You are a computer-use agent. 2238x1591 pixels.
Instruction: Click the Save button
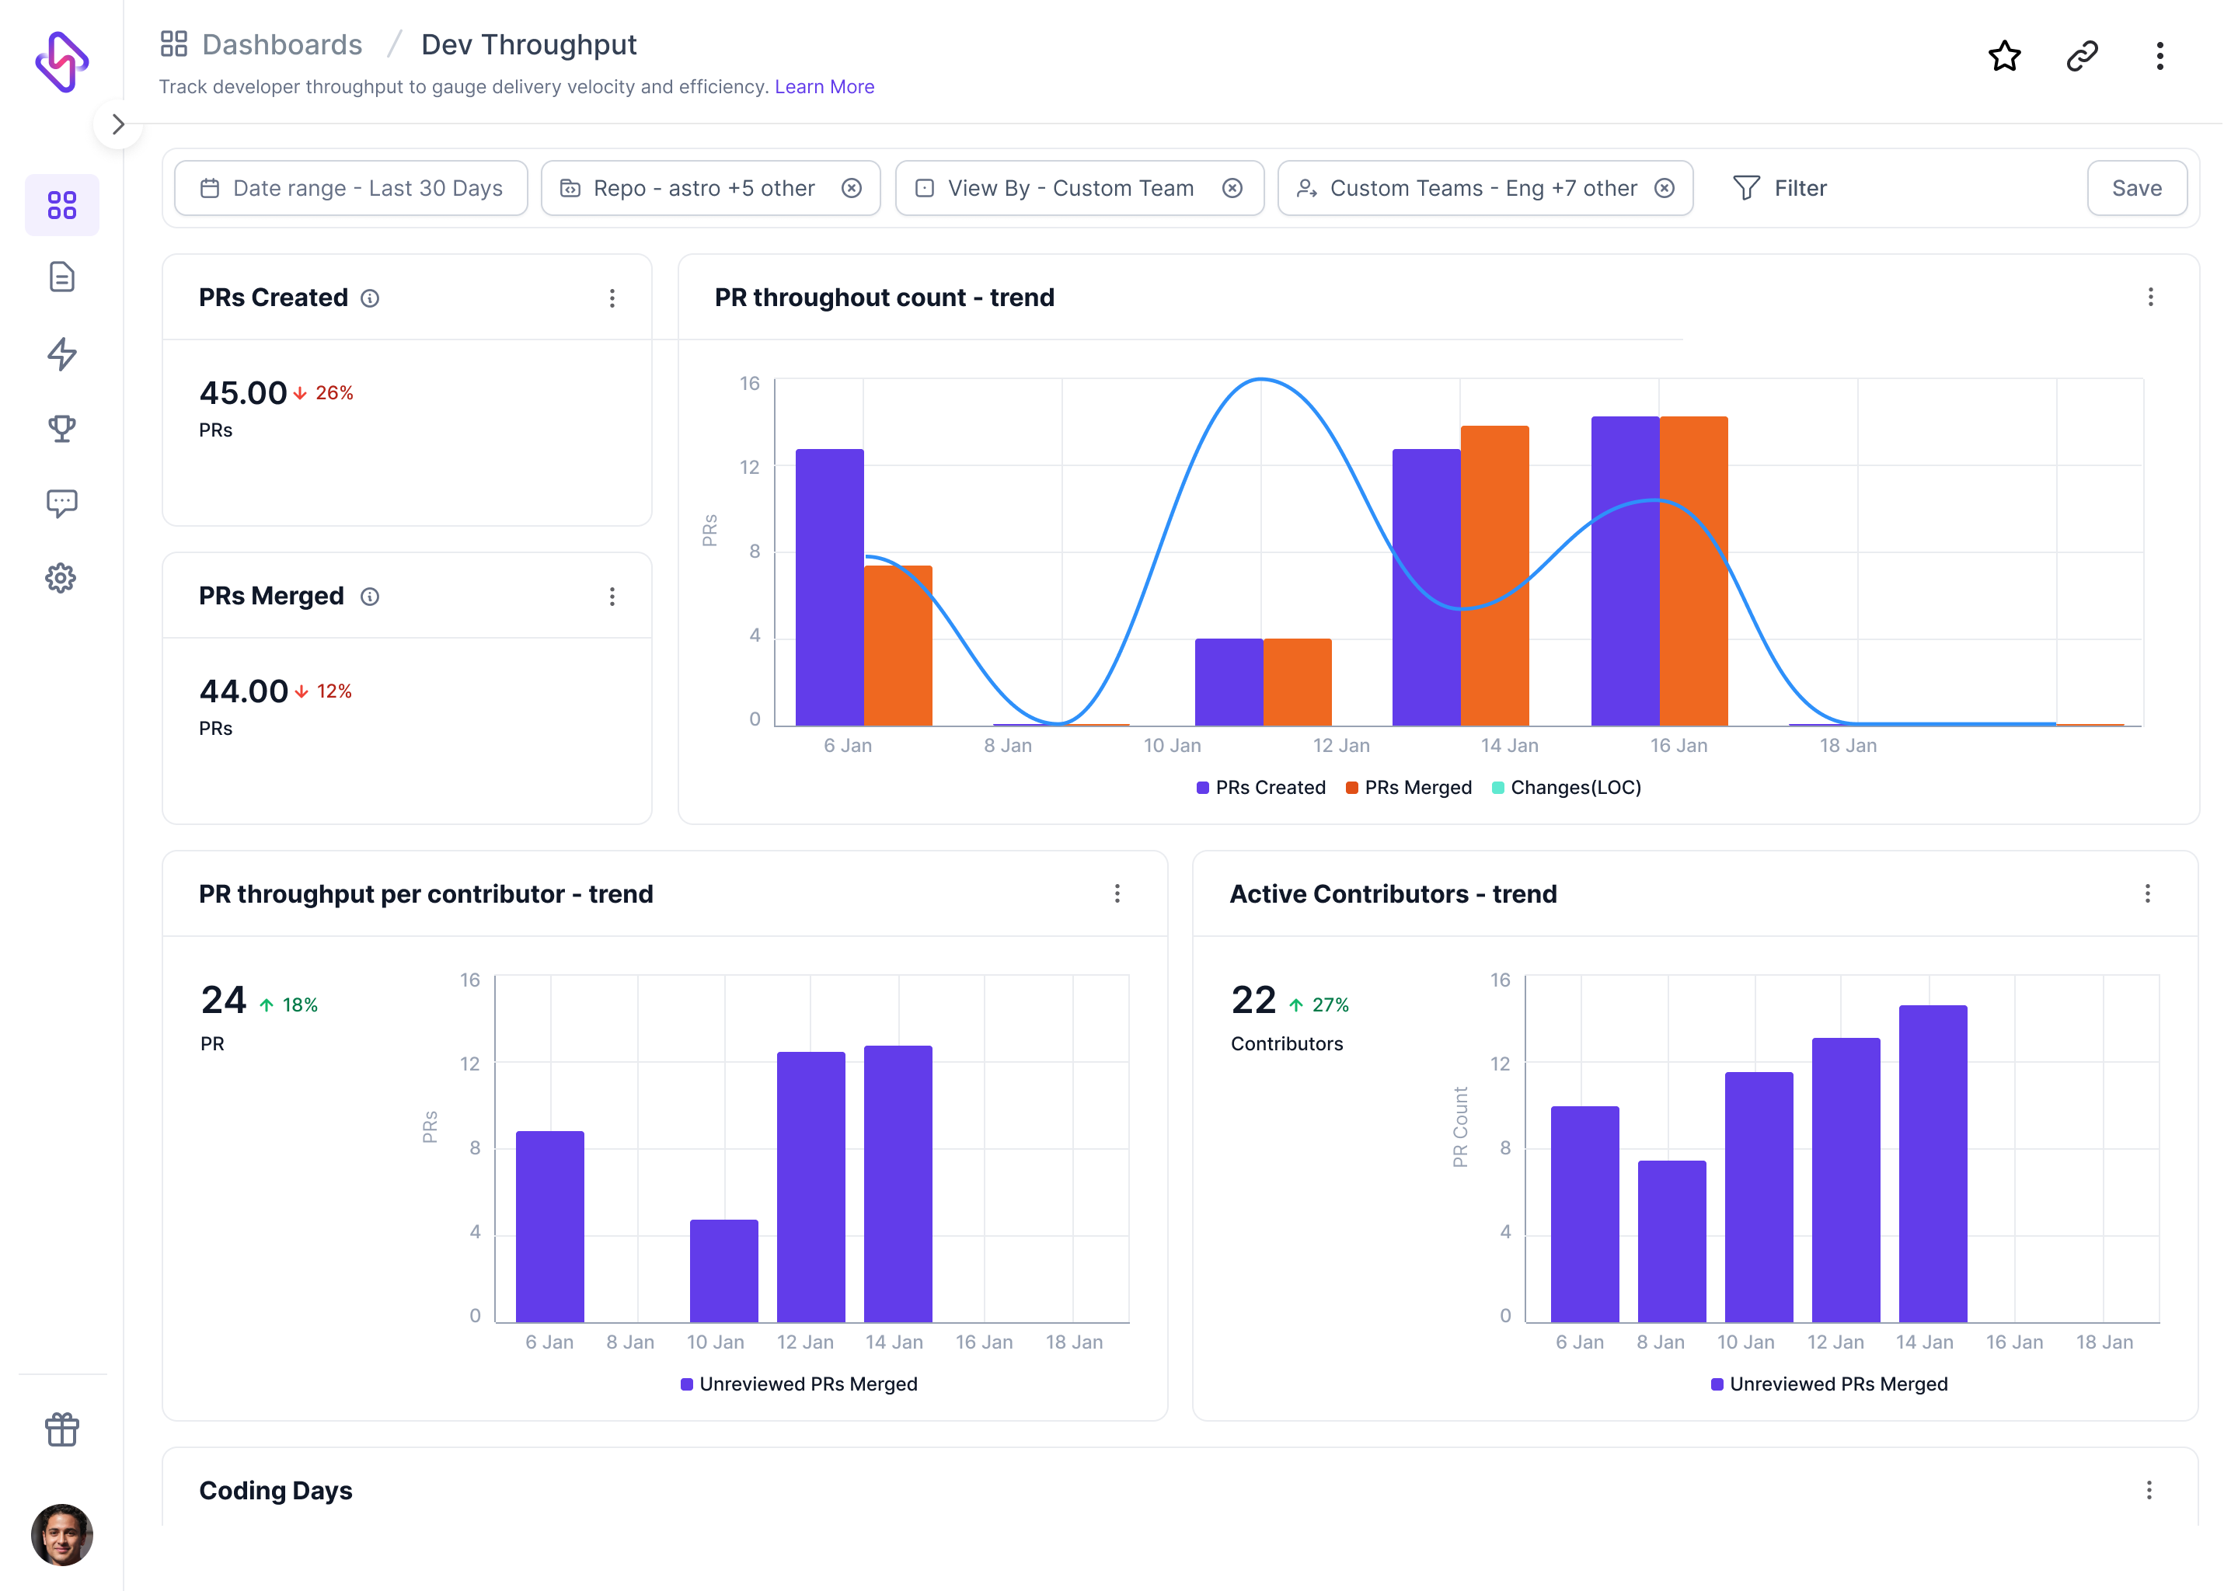click(2135, 188)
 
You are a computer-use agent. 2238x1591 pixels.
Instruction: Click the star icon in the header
click(2004, 56)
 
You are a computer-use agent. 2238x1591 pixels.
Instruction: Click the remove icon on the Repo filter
click(852, 188)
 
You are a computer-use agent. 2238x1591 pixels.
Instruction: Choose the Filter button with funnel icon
click(1780, 188)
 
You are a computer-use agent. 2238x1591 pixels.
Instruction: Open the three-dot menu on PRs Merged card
click(612, 597)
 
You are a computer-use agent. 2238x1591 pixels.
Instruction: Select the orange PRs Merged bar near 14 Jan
click(1494, 576)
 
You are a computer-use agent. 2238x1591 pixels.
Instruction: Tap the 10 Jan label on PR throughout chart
click(1172, 746)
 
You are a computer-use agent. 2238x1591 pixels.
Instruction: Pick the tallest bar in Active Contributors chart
click(1933, 1164)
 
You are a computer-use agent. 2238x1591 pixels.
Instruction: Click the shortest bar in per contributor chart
click(723, 1271)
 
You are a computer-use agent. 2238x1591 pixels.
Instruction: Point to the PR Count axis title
click(1460, 1126)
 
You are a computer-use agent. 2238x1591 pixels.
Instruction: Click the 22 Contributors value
click(1253, 1001)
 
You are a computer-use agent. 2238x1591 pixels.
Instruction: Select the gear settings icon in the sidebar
click(61, 578)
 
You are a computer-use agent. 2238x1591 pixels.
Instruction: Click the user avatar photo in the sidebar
click(61, 1534)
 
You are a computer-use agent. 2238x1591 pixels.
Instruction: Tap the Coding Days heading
click(275, 1491)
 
